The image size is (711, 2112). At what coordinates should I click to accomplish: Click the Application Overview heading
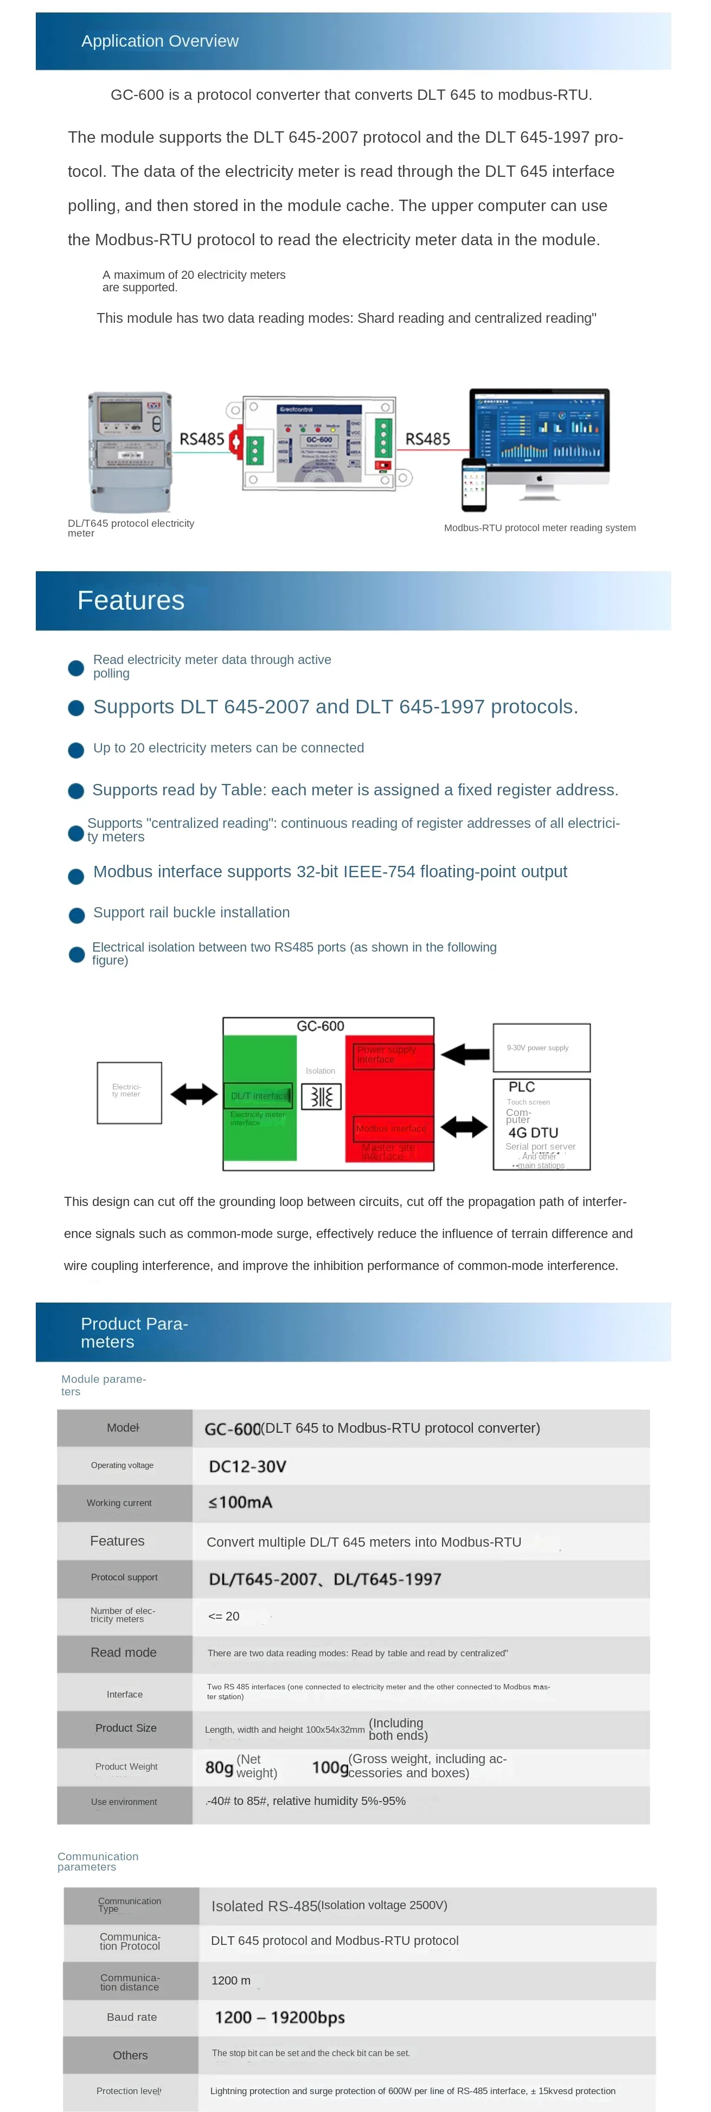(160, 41)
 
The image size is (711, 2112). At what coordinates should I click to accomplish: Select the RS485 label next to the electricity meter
(202, 439)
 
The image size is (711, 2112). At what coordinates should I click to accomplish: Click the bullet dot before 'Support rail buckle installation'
(76, 915)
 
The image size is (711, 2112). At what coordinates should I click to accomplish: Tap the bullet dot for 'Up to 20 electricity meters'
(76, 749)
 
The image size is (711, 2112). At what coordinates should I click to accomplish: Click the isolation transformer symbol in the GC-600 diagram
(321, 1096)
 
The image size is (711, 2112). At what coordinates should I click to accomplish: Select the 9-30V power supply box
(541, 1047)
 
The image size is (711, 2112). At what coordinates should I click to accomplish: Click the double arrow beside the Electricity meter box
(194, 1094)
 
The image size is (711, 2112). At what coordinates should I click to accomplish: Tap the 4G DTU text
(533, 1132)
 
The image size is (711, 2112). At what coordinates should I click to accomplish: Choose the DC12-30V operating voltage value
(248, 1466)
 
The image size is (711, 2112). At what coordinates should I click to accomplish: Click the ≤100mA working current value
(240, 1502)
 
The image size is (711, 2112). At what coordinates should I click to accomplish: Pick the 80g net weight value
(219, 1767)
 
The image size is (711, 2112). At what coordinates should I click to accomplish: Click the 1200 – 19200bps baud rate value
(280, 2017)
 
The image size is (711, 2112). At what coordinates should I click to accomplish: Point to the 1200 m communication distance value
(230, 1980)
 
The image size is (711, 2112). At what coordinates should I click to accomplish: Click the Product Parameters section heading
(134, 1332)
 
